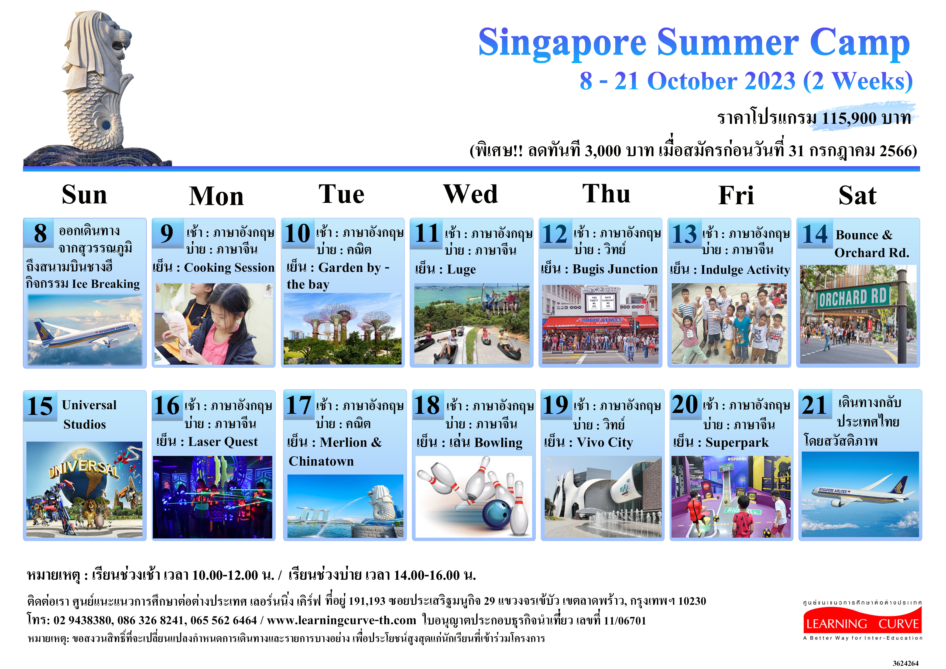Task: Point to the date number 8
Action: (x=40, y=233)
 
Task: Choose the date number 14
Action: (x=815, y=234)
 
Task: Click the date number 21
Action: (x=814, y=405)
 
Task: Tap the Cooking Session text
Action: (x=229, y=268)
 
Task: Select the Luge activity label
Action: (x=461, y=269)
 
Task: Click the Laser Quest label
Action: (x=223, y=442)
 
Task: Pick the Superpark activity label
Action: (x=737, y=443)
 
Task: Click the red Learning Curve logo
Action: (x=862, y=623)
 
